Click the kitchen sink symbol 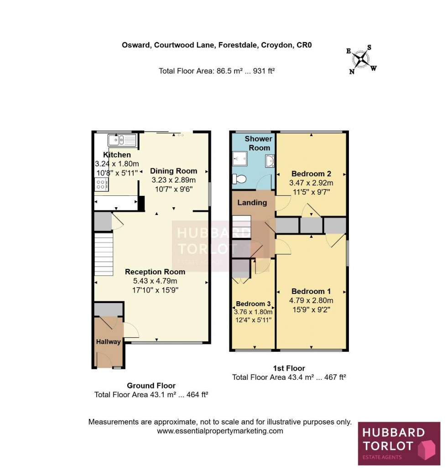[122, 140]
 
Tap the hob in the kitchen [101, 184]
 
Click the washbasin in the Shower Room [269, 161]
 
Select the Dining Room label [174, 171]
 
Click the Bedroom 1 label [311, 291]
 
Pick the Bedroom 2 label [311, 173]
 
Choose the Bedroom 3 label [253, 304]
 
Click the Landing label [252, 203]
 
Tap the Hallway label [108, 341]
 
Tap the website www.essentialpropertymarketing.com [220, 431]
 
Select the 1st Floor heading [289, 368]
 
